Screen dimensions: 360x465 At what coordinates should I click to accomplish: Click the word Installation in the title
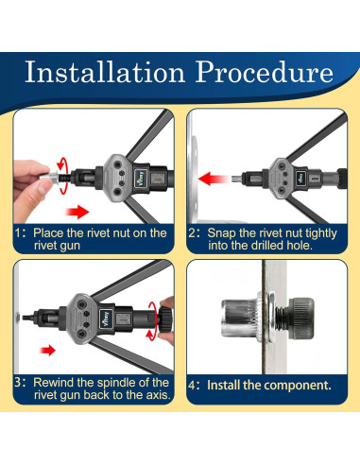[105, 72]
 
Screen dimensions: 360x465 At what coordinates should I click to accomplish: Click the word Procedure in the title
[265, 72]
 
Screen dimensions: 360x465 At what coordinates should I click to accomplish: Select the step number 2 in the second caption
[193, 233]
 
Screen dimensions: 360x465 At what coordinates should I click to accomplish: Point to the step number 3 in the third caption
[19, 383]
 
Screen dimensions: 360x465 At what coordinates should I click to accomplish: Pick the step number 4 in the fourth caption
[193, 386]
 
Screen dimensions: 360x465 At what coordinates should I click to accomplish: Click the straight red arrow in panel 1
[77, 212]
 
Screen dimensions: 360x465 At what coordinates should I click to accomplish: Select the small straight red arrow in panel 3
[48, 350]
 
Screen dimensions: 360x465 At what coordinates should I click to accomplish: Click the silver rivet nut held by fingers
[48, 177]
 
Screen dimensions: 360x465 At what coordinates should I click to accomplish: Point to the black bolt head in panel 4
[301, 319]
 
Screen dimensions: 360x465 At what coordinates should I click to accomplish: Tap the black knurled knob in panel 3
[166, 319]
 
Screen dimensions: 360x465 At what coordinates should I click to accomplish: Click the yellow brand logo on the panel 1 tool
[141, 178]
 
